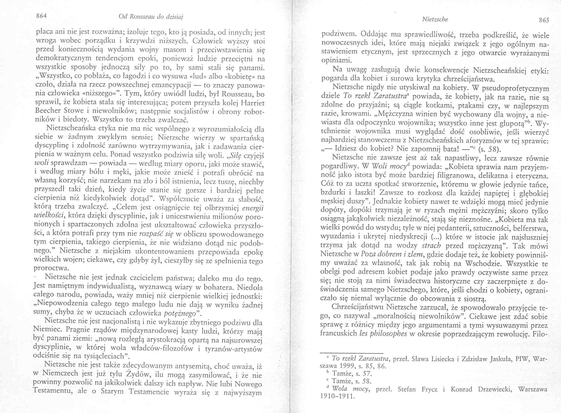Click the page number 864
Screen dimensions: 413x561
click(42, 16)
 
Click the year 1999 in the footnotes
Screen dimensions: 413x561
click(348, 366)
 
